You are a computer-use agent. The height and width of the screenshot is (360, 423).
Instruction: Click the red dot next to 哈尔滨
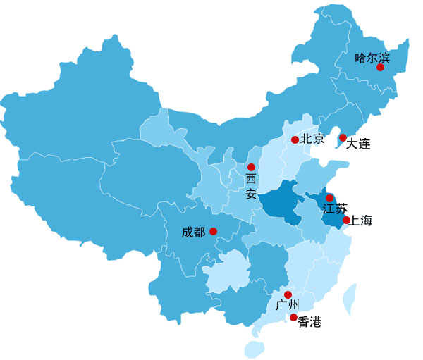tap(380, 68)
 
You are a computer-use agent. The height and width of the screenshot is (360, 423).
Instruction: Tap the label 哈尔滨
tap(372, 57)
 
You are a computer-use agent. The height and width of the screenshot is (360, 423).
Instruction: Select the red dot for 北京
tap(295, 139)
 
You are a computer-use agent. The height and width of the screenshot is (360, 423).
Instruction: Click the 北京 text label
tap(312, 139)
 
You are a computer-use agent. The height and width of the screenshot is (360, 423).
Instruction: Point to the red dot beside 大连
tap(343, 137)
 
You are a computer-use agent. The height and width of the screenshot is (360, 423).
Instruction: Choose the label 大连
tap(358, 144)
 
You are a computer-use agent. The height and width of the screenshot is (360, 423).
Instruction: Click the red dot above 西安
tap(251, 167)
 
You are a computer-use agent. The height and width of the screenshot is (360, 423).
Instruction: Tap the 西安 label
tap(251, 187)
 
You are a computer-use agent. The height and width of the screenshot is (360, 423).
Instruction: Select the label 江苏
tap(334, 209)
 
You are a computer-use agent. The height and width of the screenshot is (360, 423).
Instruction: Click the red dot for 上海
tap(346, 221)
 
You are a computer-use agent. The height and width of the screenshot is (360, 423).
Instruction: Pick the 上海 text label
tap(362, 221)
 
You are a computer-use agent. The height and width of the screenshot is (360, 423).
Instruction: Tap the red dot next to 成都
tap(214, 231)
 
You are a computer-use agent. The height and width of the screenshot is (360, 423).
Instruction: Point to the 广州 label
tap(288, 305)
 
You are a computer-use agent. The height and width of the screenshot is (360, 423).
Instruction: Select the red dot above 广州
tap(288, 294)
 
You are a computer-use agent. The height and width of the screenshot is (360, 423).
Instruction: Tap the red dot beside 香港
tap(294, 318)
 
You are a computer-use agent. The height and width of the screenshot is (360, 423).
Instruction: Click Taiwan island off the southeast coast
tap(350, 299)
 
